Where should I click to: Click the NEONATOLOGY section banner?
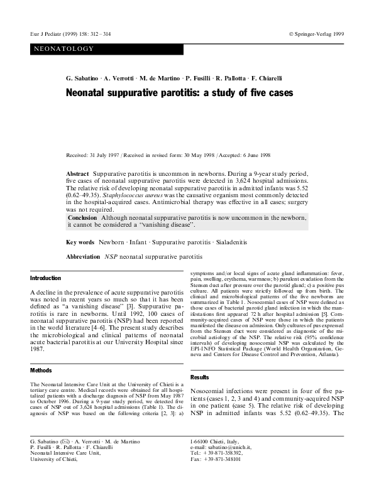(x=59, y=48)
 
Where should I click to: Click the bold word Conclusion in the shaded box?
(x=82, y=217)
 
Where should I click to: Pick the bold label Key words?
(x=80, y=241)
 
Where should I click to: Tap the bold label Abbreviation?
(x=83, y=257)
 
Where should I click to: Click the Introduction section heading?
(x=46, y=278)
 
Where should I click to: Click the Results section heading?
(x=199, y=377)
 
